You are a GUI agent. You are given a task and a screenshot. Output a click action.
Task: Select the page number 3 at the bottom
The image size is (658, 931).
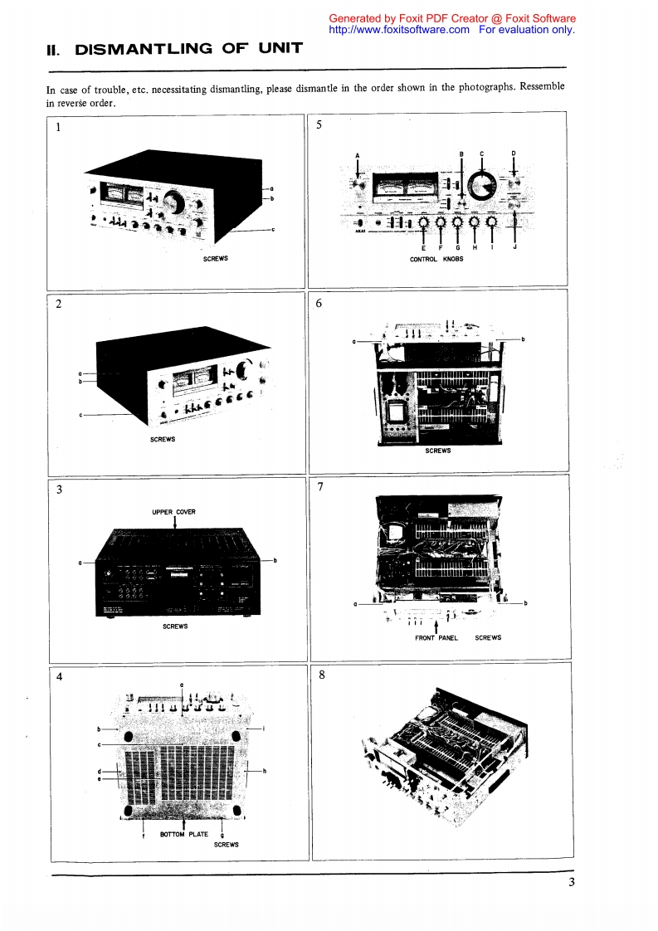572,882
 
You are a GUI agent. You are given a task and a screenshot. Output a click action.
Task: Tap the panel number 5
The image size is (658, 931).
321,128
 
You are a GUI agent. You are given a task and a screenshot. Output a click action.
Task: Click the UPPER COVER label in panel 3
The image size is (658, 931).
173,512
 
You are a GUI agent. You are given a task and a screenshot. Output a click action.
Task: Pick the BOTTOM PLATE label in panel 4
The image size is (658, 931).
184,834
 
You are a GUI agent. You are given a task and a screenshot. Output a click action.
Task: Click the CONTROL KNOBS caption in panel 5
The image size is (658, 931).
436,259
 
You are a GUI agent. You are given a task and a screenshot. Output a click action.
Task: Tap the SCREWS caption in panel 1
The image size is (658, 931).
215,259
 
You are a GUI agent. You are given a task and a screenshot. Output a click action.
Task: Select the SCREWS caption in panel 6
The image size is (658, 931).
437,451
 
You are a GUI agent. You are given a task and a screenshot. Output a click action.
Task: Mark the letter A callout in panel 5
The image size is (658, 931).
357,156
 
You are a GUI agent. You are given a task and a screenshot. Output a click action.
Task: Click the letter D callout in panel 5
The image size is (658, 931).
514,154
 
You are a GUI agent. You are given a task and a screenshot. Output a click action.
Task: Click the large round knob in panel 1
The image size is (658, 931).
174,201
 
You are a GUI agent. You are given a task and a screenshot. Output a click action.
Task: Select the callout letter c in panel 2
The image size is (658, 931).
80,415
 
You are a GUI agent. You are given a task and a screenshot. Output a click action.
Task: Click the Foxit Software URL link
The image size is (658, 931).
399,29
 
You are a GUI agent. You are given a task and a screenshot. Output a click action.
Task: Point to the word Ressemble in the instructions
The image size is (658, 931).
542,88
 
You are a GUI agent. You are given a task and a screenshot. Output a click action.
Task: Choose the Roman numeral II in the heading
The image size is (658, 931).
54,50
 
